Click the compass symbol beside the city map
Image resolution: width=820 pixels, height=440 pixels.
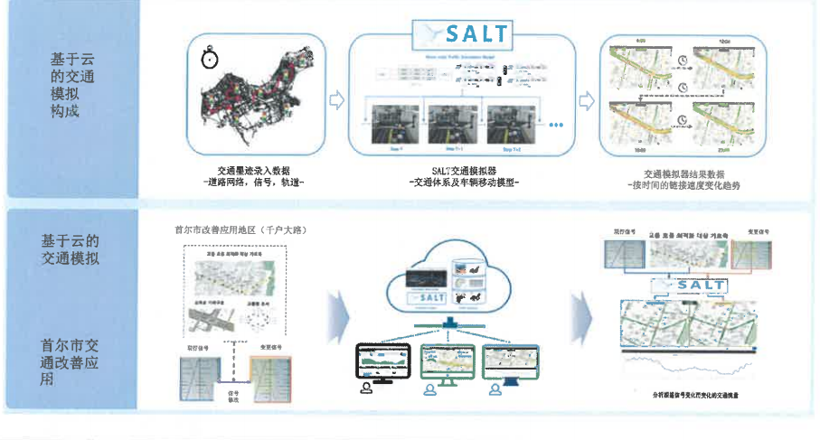[209, 60]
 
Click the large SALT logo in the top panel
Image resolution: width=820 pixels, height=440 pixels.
[461, 34]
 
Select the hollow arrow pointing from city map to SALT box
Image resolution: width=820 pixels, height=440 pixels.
[335, 98]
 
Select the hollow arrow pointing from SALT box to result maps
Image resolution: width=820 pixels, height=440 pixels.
[586, 98]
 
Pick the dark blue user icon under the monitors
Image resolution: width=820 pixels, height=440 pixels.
[495, 389]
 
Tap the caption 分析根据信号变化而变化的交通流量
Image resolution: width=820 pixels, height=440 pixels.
[689, 396]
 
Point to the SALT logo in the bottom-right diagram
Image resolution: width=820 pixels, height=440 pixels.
[688, 286]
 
